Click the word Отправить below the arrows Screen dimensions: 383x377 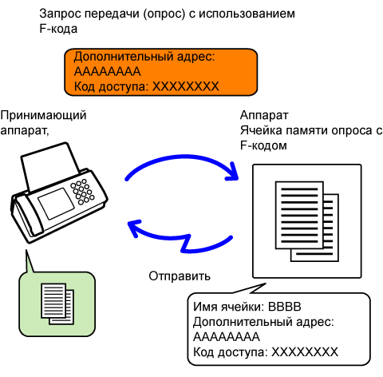pos(180,276)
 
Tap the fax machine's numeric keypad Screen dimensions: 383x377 pos(82,192)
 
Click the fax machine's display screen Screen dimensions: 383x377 pos(56,203)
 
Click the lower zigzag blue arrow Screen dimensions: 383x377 pos(186,240)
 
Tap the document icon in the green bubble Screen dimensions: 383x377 pos(57,304)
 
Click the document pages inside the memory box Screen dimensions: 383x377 pos(307,221)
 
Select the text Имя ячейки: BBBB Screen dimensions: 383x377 pos(247,307)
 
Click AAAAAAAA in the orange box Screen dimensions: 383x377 pos(107,72)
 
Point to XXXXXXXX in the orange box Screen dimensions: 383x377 pos(186,86)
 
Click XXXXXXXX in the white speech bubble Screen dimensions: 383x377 pos(305,352)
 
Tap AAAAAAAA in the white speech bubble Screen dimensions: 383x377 pos(227,337)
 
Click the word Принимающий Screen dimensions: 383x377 pos(43,116)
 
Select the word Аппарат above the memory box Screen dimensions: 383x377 pos(264,116)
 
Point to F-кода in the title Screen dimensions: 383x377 pos(58,29)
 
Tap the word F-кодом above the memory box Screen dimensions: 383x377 pos(263,145)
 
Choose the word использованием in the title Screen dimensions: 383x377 pos(247,14)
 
